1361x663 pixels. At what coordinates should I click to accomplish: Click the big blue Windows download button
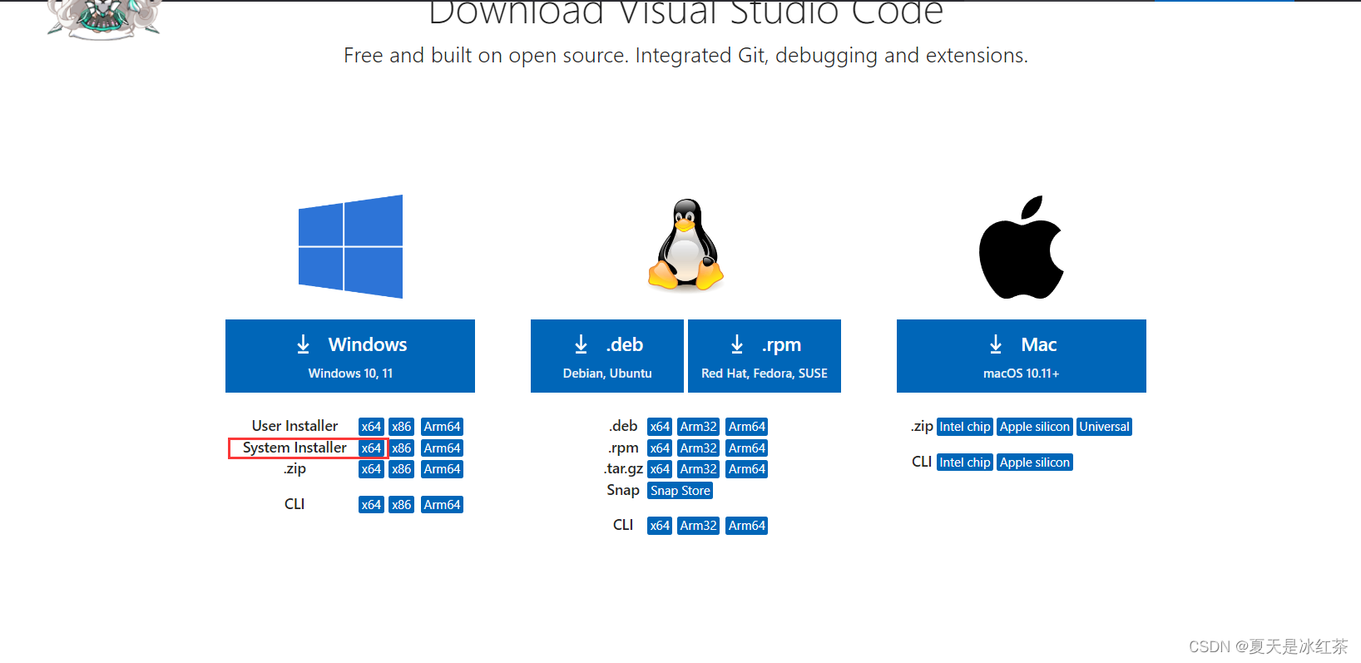349,356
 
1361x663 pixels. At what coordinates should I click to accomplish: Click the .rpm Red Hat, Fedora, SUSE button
764,356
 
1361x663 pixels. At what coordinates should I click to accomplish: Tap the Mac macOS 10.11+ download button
1021,356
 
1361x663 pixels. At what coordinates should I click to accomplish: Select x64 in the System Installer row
371,448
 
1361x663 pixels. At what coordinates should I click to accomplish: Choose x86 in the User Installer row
402,427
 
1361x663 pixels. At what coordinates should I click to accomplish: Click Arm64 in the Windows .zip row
442,469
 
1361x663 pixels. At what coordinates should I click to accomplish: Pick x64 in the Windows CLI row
371,505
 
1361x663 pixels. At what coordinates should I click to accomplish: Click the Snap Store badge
680,491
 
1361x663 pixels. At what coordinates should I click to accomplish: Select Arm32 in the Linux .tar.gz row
698,469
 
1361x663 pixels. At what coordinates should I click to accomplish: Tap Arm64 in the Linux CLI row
746,526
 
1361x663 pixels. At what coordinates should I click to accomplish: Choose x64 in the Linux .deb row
660,427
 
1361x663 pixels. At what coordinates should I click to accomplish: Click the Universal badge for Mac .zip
1104,427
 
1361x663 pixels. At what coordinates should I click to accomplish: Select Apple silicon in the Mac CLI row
1035,463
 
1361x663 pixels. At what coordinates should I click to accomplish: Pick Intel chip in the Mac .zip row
965,427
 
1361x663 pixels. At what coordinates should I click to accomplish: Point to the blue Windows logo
350,246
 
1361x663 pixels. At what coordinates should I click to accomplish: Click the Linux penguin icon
686,245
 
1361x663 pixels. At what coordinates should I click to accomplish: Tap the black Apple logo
1021,248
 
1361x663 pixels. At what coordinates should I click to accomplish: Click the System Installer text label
294,448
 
